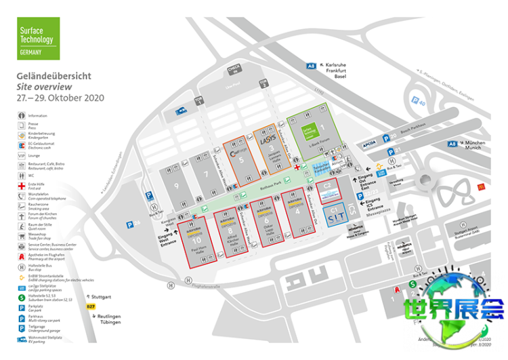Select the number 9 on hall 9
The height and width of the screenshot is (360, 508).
(x=177, y=185)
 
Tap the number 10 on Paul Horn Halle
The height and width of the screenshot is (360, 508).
(x=196, y=240)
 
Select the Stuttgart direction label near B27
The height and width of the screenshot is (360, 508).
(x=102, y=296)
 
